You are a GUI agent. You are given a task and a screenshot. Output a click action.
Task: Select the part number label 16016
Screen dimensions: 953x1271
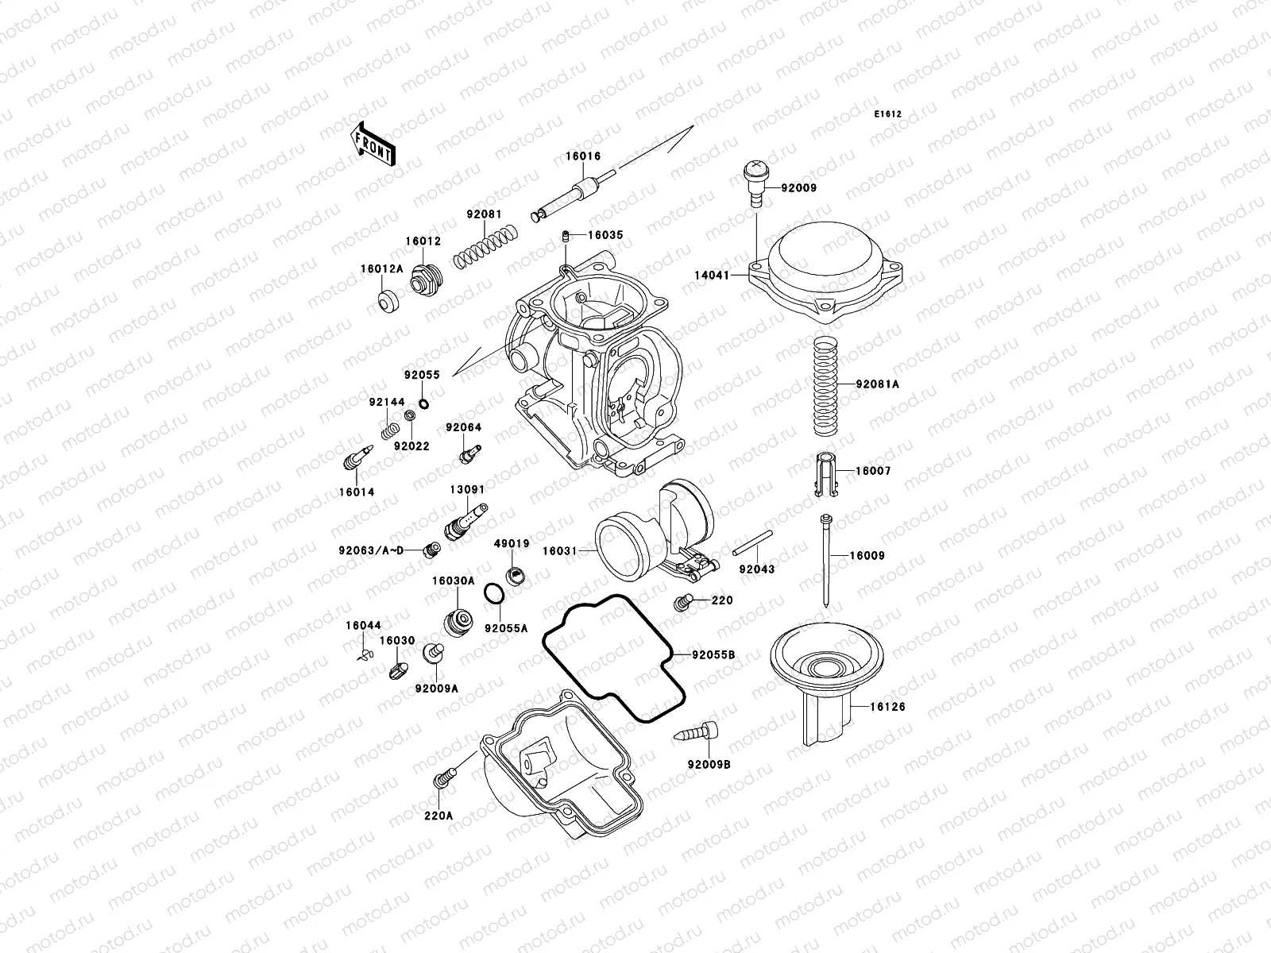(x=583, y=156)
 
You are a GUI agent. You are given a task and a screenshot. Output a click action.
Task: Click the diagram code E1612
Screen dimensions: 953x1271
(x=888, y=114)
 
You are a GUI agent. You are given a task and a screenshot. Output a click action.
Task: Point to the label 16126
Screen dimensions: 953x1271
(x=887, y=706)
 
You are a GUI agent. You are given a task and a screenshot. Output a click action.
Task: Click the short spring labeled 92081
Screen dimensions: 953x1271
(x=486, y=246)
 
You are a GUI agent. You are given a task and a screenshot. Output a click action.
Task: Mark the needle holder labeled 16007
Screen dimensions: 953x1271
(x=826, y=475)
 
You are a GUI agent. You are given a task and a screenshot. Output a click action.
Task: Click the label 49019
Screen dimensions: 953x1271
(x=512, y=544)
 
